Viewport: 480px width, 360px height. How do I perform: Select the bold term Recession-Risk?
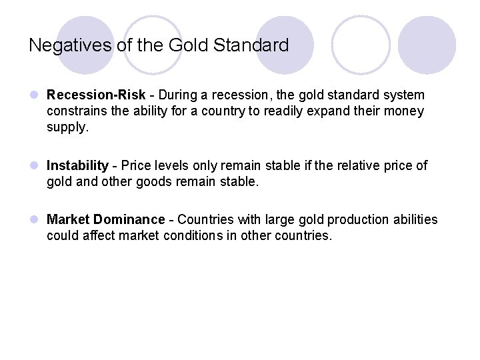[x=88, y=97]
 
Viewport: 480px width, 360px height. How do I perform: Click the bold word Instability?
[x=77, y=165]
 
